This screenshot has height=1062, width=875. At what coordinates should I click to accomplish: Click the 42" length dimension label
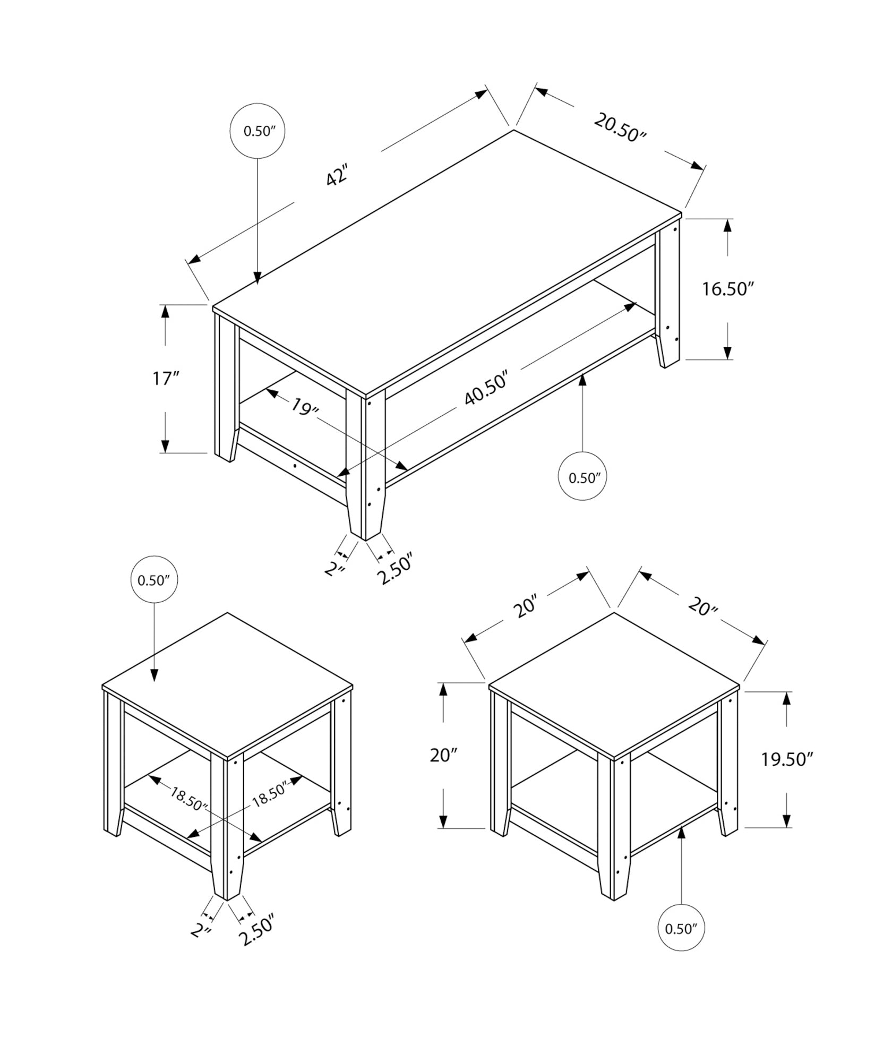(337, 176)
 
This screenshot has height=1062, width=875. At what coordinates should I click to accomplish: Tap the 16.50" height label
(728, 289)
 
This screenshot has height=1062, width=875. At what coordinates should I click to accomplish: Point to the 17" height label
(166, 379)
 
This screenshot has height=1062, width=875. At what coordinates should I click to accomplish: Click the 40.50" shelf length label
(486, 389)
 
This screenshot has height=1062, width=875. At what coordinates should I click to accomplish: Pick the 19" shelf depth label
(305, 407)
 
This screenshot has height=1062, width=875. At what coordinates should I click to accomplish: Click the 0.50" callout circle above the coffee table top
(258, 131)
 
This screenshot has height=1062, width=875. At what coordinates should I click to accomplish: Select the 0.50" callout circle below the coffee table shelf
(583, 477)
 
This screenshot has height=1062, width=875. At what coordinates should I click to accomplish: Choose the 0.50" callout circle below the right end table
(681, 928)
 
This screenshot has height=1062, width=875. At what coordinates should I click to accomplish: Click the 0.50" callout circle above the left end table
(154, 580)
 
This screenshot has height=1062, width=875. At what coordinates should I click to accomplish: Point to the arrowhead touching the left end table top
(155, 675)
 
